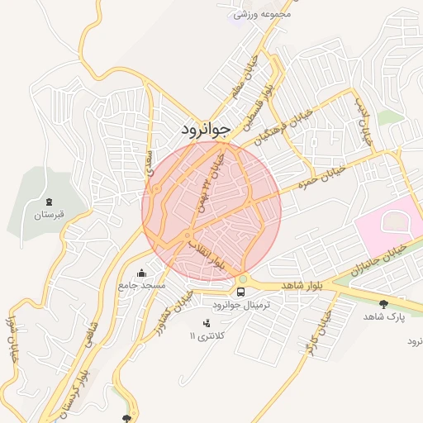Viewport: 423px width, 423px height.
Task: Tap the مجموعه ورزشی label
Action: point(263,14)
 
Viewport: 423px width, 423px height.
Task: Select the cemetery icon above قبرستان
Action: point(48,202)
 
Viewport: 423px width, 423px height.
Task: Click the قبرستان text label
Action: point(48,215)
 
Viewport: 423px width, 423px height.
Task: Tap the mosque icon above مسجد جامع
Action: point(141,273)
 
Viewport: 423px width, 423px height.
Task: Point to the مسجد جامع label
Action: point(142,285)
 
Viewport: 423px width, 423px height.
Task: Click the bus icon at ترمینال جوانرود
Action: point(241,292)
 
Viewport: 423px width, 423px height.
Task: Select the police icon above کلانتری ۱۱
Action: point(207,322)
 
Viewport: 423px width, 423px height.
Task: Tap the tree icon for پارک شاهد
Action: point(384,303)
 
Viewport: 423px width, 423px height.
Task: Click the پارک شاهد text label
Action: point(384,316)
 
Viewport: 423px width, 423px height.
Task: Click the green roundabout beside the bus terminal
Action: point(242,278)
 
